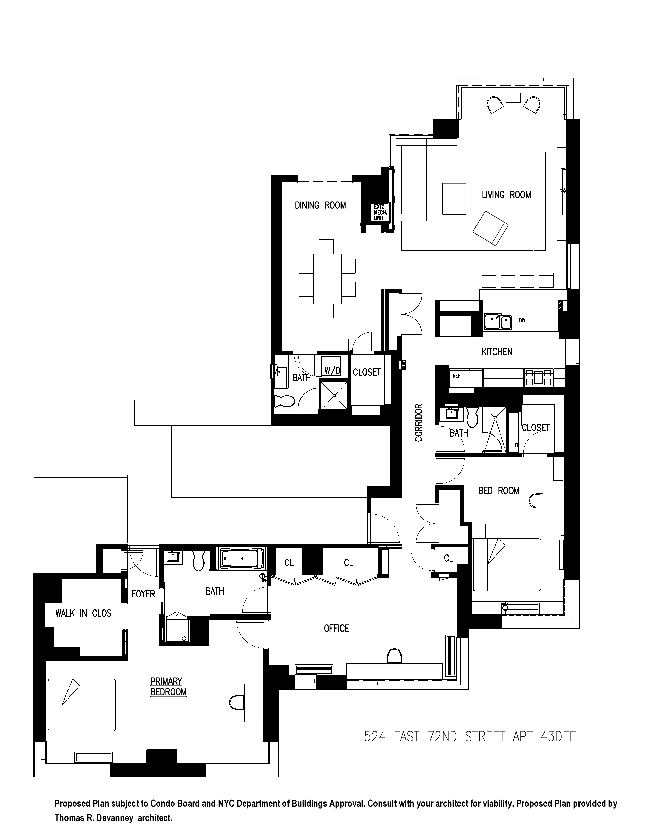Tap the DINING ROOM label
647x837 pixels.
coord(320,205)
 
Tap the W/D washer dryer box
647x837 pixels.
coord(332,370)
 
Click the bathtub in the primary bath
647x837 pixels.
coord(242,559)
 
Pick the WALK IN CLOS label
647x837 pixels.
coord(83,613)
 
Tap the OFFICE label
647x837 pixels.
coord(336,628)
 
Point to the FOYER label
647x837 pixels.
coord(143,594)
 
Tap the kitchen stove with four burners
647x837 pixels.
coord(538,376)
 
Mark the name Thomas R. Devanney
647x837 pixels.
coord(94,817)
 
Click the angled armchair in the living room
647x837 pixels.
coord(490,228)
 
